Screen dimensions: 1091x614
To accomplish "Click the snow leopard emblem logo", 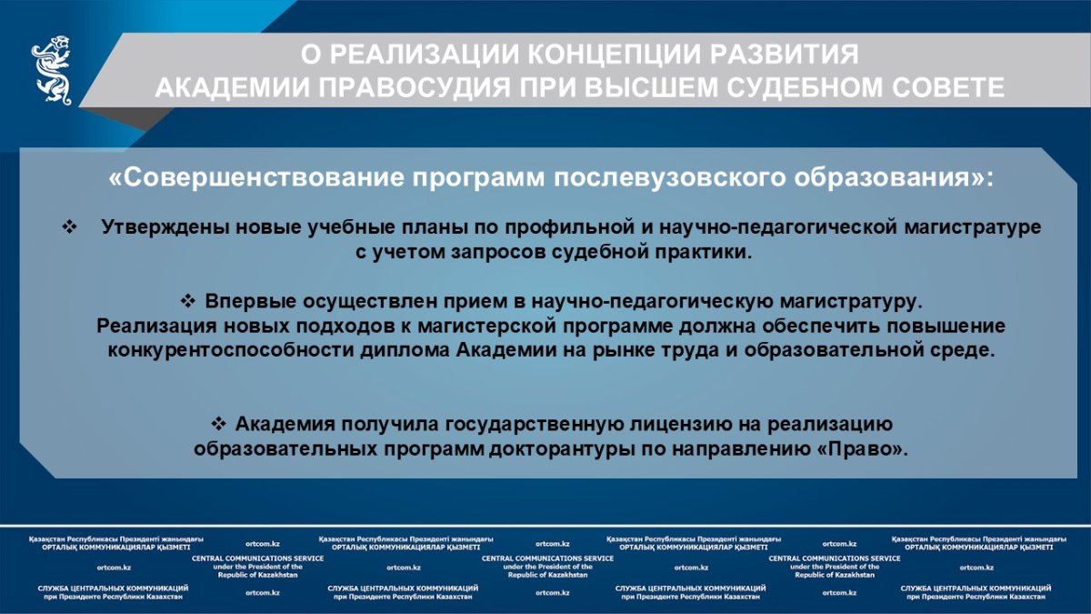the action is click(x=52, y=70).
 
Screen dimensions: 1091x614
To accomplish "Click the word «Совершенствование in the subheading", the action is click(x=256, y=177).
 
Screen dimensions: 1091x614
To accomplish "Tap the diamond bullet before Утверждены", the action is click(x=69, y=226).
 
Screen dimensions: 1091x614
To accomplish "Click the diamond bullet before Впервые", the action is click(x=187, y=301).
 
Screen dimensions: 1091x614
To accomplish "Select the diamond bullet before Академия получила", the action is click(x=219, y=424).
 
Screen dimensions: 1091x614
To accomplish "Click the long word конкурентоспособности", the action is click(x=231, y=350).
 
